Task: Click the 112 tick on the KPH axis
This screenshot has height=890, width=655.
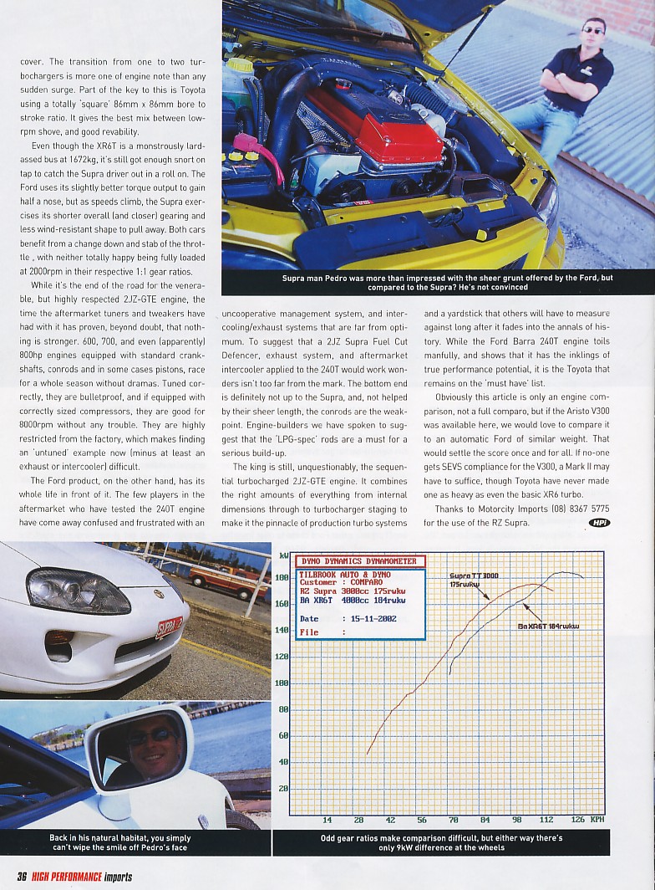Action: [547, 820]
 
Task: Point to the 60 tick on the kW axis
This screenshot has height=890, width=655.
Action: [283, 735]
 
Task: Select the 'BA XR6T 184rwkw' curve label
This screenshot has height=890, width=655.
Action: [548, 626]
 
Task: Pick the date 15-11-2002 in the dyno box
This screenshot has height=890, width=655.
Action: [369, 619]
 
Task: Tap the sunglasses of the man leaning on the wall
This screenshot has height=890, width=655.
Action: [592, 30]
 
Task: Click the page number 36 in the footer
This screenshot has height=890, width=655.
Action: [23, 877]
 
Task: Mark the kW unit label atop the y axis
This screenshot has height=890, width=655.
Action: [283, 555]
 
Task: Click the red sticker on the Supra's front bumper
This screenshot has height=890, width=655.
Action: [169, 627]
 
